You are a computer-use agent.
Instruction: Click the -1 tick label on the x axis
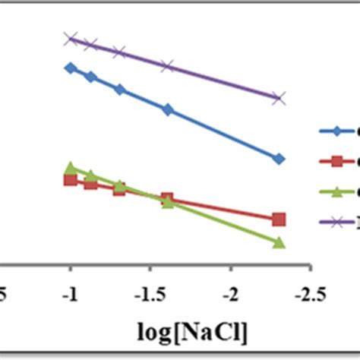[x=71, y=294]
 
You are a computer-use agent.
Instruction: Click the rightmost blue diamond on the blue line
[x=279, y=159]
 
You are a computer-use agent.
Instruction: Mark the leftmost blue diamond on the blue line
[x=71, y=68]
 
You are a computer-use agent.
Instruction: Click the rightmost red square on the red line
[x=279, y=219]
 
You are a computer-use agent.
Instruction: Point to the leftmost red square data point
[x=71, y=179]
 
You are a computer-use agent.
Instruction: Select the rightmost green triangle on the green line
[x=279, y=242]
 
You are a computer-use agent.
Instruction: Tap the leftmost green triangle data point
[x=71, y=168]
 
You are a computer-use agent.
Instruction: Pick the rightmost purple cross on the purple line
[x=279, y=98]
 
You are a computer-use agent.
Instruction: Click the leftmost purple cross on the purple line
[x=71, y=38]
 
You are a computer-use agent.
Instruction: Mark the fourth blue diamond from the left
[x=168, y=110]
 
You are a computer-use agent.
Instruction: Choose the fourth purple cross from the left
[x=168, y=67]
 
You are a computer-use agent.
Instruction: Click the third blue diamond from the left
[x=119, y=89]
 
